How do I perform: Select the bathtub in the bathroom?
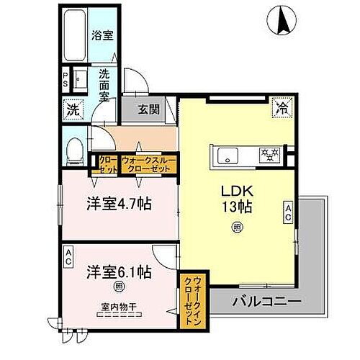click(74, 34)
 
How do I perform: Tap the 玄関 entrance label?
click(150, 110)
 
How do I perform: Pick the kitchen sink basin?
click(224, 153)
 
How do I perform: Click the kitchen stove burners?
click(269, 153)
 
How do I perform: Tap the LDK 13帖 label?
click(235, 199)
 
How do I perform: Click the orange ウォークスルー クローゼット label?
click(147, 164)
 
